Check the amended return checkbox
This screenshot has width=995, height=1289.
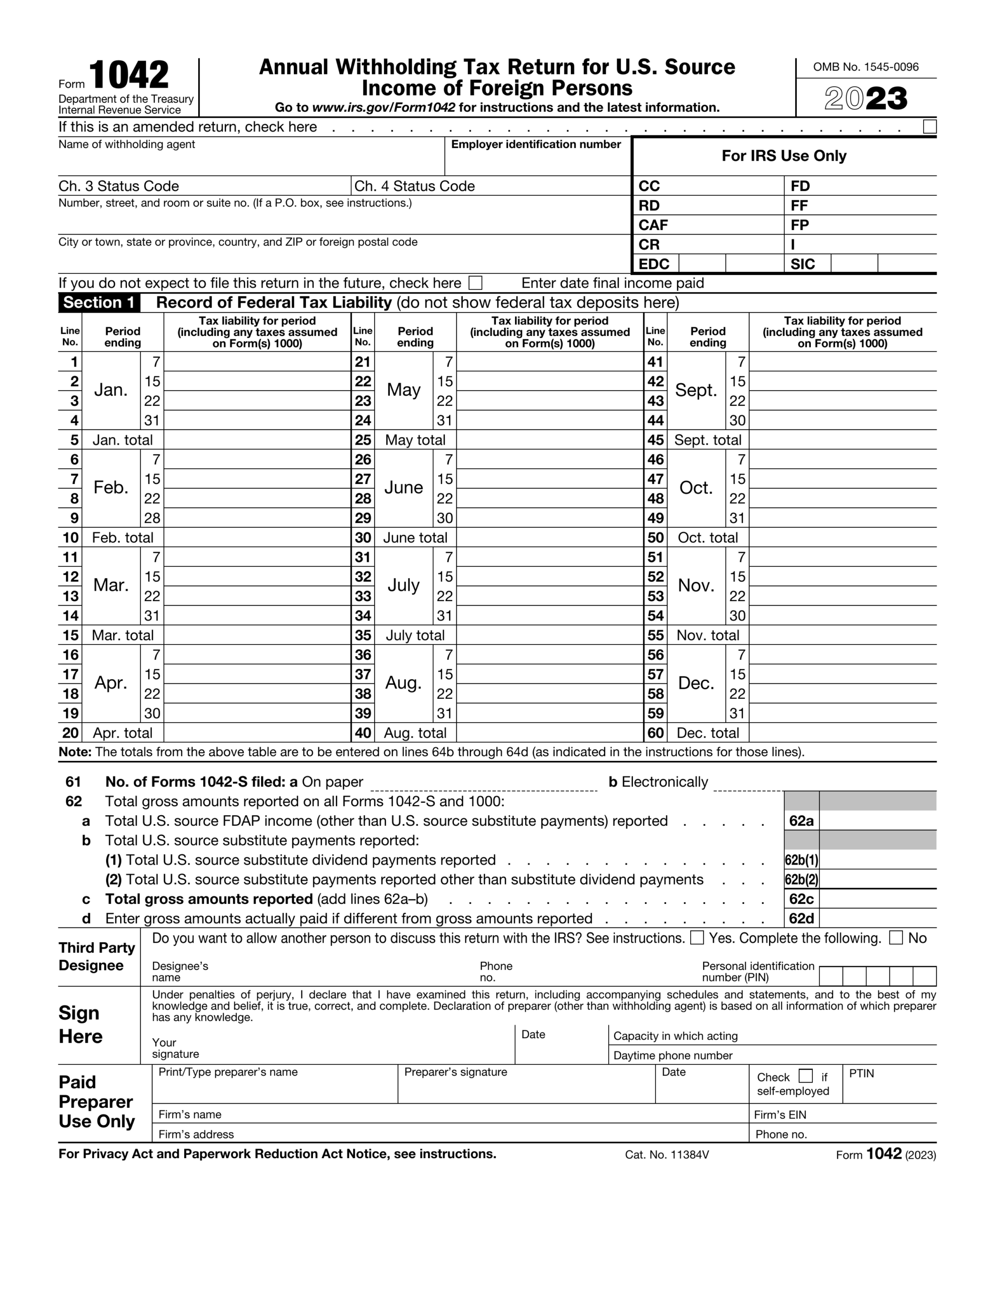click(929, 127)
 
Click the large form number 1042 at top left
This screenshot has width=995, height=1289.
click(129, 75)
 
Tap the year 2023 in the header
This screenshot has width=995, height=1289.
click(865, 99)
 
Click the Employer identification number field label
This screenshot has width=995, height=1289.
click(536, 145)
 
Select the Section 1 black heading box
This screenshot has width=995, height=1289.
click(99, 303)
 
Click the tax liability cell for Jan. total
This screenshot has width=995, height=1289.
click(257, 440)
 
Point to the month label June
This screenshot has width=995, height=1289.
click(403, 487)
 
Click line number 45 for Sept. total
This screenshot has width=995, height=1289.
click(655, 440)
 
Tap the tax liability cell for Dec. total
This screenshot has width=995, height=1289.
click(842, 733)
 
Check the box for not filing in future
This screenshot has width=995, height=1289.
click(475, 283)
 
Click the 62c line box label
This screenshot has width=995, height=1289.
click(801, 899)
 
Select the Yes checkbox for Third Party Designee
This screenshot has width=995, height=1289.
click(697, 938)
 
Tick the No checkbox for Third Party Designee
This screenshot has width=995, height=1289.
click(895, 938)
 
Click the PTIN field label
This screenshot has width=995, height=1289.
click(861, 1073)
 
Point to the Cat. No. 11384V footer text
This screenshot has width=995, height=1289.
click(667, 1155)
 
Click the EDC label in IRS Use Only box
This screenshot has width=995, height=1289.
click(653, 264)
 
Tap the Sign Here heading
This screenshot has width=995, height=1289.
click(81, 1025)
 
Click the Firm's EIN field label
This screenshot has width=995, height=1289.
click(780, 1115)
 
